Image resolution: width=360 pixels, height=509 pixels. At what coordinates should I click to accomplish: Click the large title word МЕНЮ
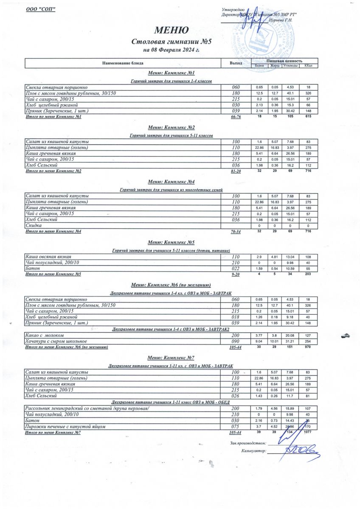click(x=171, y=31)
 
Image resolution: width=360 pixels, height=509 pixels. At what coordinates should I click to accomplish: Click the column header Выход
click(x=236, y=63)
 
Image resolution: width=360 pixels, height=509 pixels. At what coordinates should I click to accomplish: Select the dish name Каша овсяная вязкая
click(x=48, y=257)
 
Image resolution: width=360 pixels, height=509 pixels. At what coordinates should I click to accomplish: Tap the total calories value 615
click(x=308, y=117)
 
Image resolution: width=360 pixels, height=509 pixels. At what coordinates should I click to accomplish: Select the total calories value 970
click(x=308, y=347)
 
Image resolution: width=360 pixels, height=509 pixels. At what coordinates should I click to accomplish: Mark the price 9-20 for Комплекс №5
click(x=236, y=274)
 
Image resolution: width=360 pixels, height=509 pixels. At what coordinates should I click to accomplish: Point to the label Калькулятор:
click(x=253, y=451)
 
